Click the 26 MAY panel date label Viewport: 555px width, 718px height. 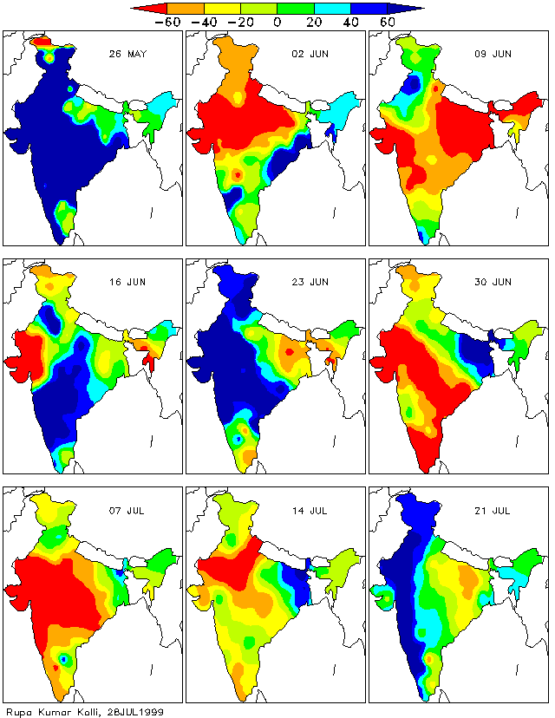127,54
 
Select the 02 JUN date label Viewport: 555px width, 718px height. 310,54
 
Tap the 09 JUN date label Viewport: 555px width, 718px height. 493,54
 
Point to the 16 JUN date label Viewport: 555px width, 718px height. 127,282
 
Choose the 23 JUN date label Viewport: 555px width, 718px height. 310,282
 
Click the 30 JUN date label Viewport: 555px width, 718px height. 493,282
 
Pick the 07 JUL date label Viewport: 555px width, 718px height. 127,510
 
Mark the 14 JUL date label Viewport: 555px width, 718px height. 310,510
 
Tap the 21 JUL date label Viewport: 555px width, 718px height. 493,510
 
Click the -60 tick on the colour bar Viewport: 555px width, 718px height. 166,22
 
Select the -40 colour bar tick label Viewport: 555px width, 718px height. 204,22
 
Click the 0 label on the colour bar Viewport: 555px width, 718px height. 277,22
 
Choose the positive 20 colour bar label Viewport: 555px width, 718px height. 313,22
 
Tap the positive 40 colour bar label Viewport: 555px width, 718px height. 349,22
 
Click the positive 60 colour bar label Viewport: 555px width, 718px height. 386,22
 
